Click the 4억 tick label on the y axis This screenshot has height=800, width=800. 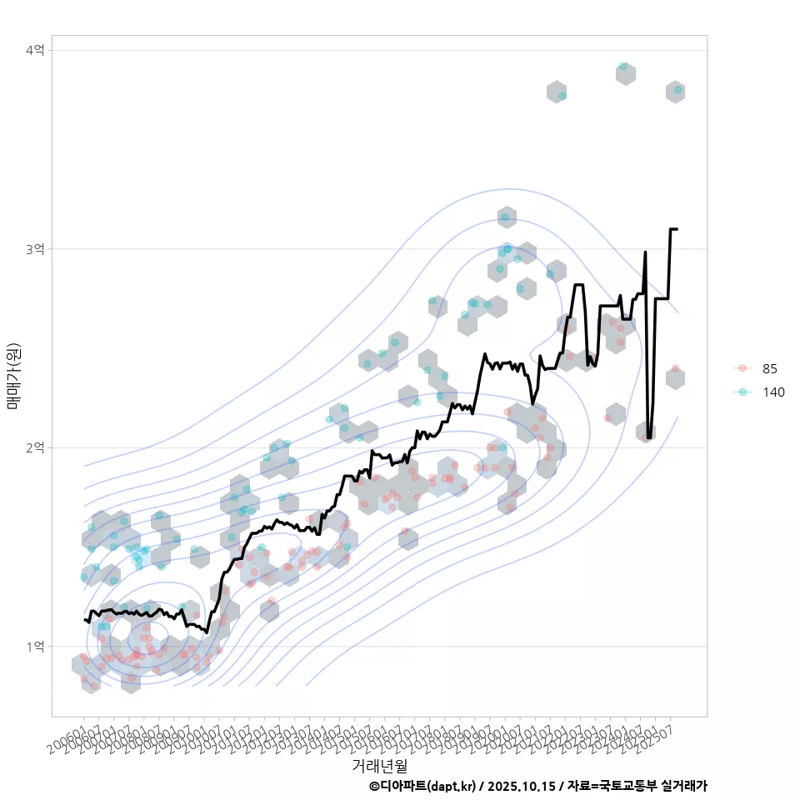(35, 51)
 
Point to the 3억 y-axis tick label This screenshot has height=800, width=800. (35, 249)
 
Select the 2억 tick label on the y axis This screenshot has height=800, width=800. (35, 447)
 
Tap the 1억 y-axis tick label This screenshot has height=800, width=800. (35, 646)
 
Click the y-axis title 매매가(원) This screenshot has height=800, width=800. (12, 375)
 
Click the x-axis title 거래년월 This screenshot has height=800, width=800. (379, 764)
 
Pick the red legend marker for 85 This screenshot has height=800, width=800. (742, 368)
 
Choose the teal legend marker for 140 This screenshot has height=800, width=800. (742, 392)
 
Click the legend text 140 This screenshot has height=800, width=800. (773, 392)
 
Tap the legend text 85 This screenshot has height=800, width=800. (770, 368)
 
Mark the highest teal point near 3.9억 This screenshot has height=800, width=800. (623, 67)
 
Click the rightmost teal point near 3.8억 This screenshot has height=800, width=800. (677, 90)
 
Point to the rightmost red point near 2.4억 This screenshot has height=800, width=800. (675, 368)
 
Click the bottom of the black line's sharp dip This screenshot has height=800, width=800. (649, 437)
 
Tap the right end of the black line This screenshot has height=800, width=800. (676, 228)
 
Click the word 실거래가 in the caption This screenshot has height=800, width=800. (683, 786)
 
